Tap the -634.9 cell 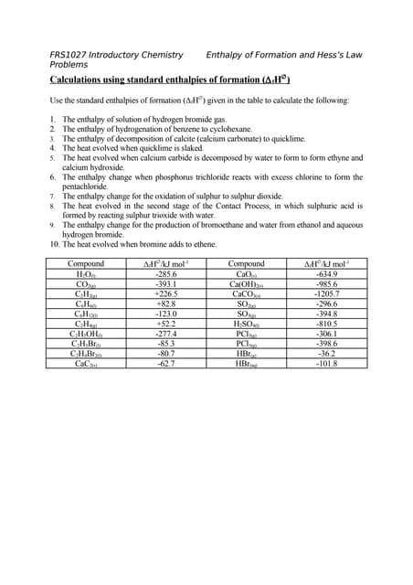click(326, 274)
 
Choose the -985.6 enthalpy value click(326, 284)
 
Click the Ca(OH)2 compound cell click(247, 284)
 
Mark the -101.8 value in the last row click(326, 363)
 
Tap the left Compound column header click(86, 264)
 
